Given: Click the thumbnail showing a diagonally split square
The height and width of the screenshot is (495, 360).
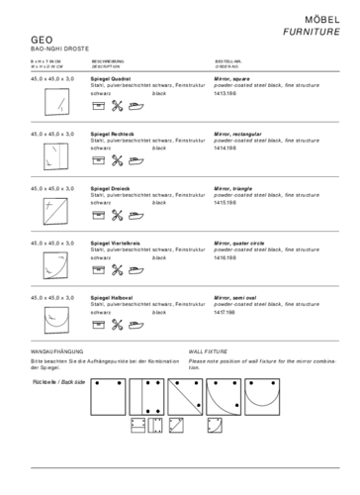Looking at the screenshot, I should (56, 210).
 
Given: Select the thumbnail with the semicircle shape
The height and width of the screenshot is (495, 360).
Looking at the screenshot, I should (56, 319).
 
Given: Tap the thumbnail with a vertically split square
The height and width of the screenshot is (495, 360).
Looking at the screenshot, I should (56, 155).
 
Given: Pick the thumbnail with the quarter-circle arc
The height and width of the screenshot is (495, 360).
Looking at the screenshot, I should (56, 264).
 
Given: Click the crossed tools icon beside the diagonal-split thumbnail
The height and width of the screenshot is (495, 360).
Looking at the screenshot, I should (117, 214).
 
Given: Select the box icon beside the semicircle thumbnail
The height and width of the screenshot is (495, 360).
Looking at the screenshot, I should (99, 324).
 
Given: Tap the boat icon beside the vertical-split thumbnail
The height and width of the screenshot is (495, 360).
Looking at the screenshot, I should (135, 159).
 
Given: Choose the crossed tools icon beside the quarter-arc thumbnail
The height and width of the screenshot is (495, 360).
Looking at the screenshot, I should (117, 269).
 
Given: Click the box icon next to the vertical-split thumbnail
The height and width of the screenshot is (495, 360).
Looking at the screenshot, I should (99, 159).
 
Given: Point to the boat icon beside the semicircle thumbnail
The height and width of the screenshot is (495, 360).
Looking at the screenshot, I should (135, 324).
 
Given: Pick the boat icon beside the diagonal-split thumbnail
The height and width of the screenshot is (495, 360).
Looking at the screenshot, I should (135, 214).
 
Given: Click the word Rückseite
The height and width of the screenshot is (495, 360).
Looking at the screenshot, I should (45, 381).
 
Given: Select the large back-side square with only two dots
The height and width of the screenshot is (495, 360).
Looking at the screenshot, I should (108, 396).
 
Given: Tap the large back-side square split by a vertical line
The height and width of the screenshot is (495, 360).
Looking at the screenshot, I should (146, 396).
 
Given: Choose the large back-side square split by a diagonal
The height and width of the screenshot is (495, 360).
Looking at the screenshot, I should (185, 396).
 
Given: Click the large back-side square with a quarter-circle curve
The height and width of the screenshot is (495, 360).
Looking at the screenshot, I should (224, 396).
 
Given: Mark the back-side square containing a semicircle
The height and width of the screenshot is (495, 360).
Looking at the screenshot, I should (262, 396).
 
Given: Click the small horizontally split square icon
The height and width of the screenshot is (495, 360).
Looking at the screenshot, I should (138, 425).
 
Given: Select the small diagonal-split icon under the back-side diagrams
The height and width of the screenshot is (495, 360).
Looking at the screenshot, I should (176, 425).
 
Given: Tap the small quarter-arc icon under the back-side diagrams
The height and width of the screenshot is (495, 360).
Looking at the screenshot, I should (215, 425).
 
